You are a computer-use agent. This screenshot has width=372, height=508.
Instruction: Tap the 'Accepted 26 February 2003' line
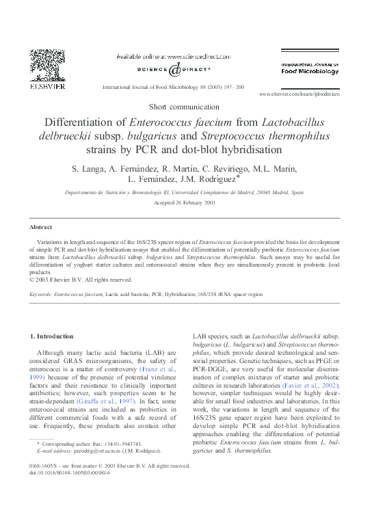(185, 203)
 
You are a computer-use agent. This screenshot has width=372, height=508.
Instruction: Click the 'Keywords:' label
(41, 293)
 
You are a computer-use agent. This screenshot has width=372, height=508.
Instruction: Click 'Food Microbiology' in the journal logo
(310, 71)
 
